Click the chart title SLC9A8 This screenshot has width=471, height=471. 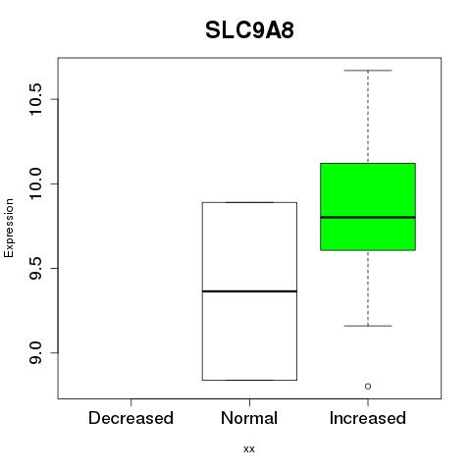249,30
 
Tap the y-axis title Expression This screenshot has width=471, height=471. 9,228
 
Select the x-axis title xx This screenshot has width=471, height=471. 249,449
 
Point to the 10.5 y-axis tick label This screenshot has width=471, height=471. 35,99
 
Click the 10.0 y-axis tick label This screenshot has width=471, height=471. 35,183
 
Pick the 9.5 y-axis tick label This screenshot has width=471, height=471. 35,268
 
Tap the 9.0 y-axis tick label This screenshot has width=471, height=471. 35,352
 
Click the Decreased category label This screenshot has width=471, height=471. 131,418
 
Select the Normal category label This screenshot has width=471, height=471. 249,418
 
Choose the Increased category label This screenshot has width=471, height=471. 368,418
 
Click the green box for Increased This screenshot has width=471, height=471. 368,207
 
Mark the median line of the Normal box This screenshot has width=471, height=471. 249,291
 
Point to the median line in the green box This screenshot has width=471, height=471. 368,217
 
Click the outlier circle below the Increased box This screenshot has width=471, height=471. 368,387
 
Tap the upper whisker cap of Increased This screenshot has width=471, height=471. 368,71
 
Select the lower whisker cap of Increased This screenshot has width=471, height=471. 368,326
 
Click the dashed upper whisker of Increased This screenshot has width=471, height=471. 368,117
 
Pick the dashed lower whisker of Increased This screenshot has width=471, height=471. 368,288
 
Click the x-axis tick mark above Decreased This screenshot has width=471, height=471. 131,402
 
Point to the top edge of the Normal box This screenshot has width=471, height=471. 249,202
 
